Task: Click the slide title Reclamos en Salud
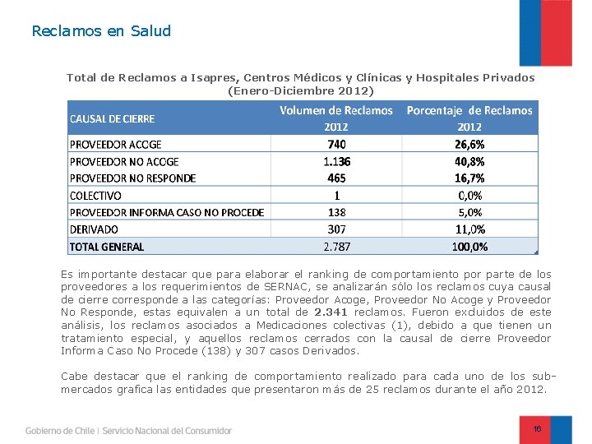(101, 31)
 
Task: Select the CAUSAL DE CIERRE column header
(112, 118)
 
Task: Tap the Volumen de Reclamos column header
(336, 110)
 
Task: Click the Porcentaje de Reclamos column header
(469, 110)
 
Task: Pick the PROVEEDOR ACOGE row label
(116, 145)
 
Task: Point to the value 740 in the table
(336, 145)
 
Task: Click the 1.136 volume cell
(336, 161)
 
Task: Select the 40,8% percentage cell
(469, 161)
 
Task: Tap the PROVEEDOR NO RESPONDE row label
(132, 178)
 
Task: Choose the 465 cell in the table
(336, 178)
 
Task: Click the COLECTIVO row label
(95, 196)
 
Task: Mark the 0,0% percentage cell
(469, 196)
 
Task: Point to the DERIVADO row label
(94, 229)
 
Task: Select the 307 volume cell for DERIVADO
(336, 229)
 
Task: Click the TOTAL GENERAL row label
(107, 247)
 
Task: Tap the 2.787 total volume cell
(336, 247)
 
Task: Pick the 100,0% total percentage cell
(469, 247)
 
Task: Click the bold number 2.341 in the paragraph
(332, 312)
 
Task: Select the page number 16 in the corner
(537, 429)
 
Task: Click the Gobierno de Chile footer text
(59, 430)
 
